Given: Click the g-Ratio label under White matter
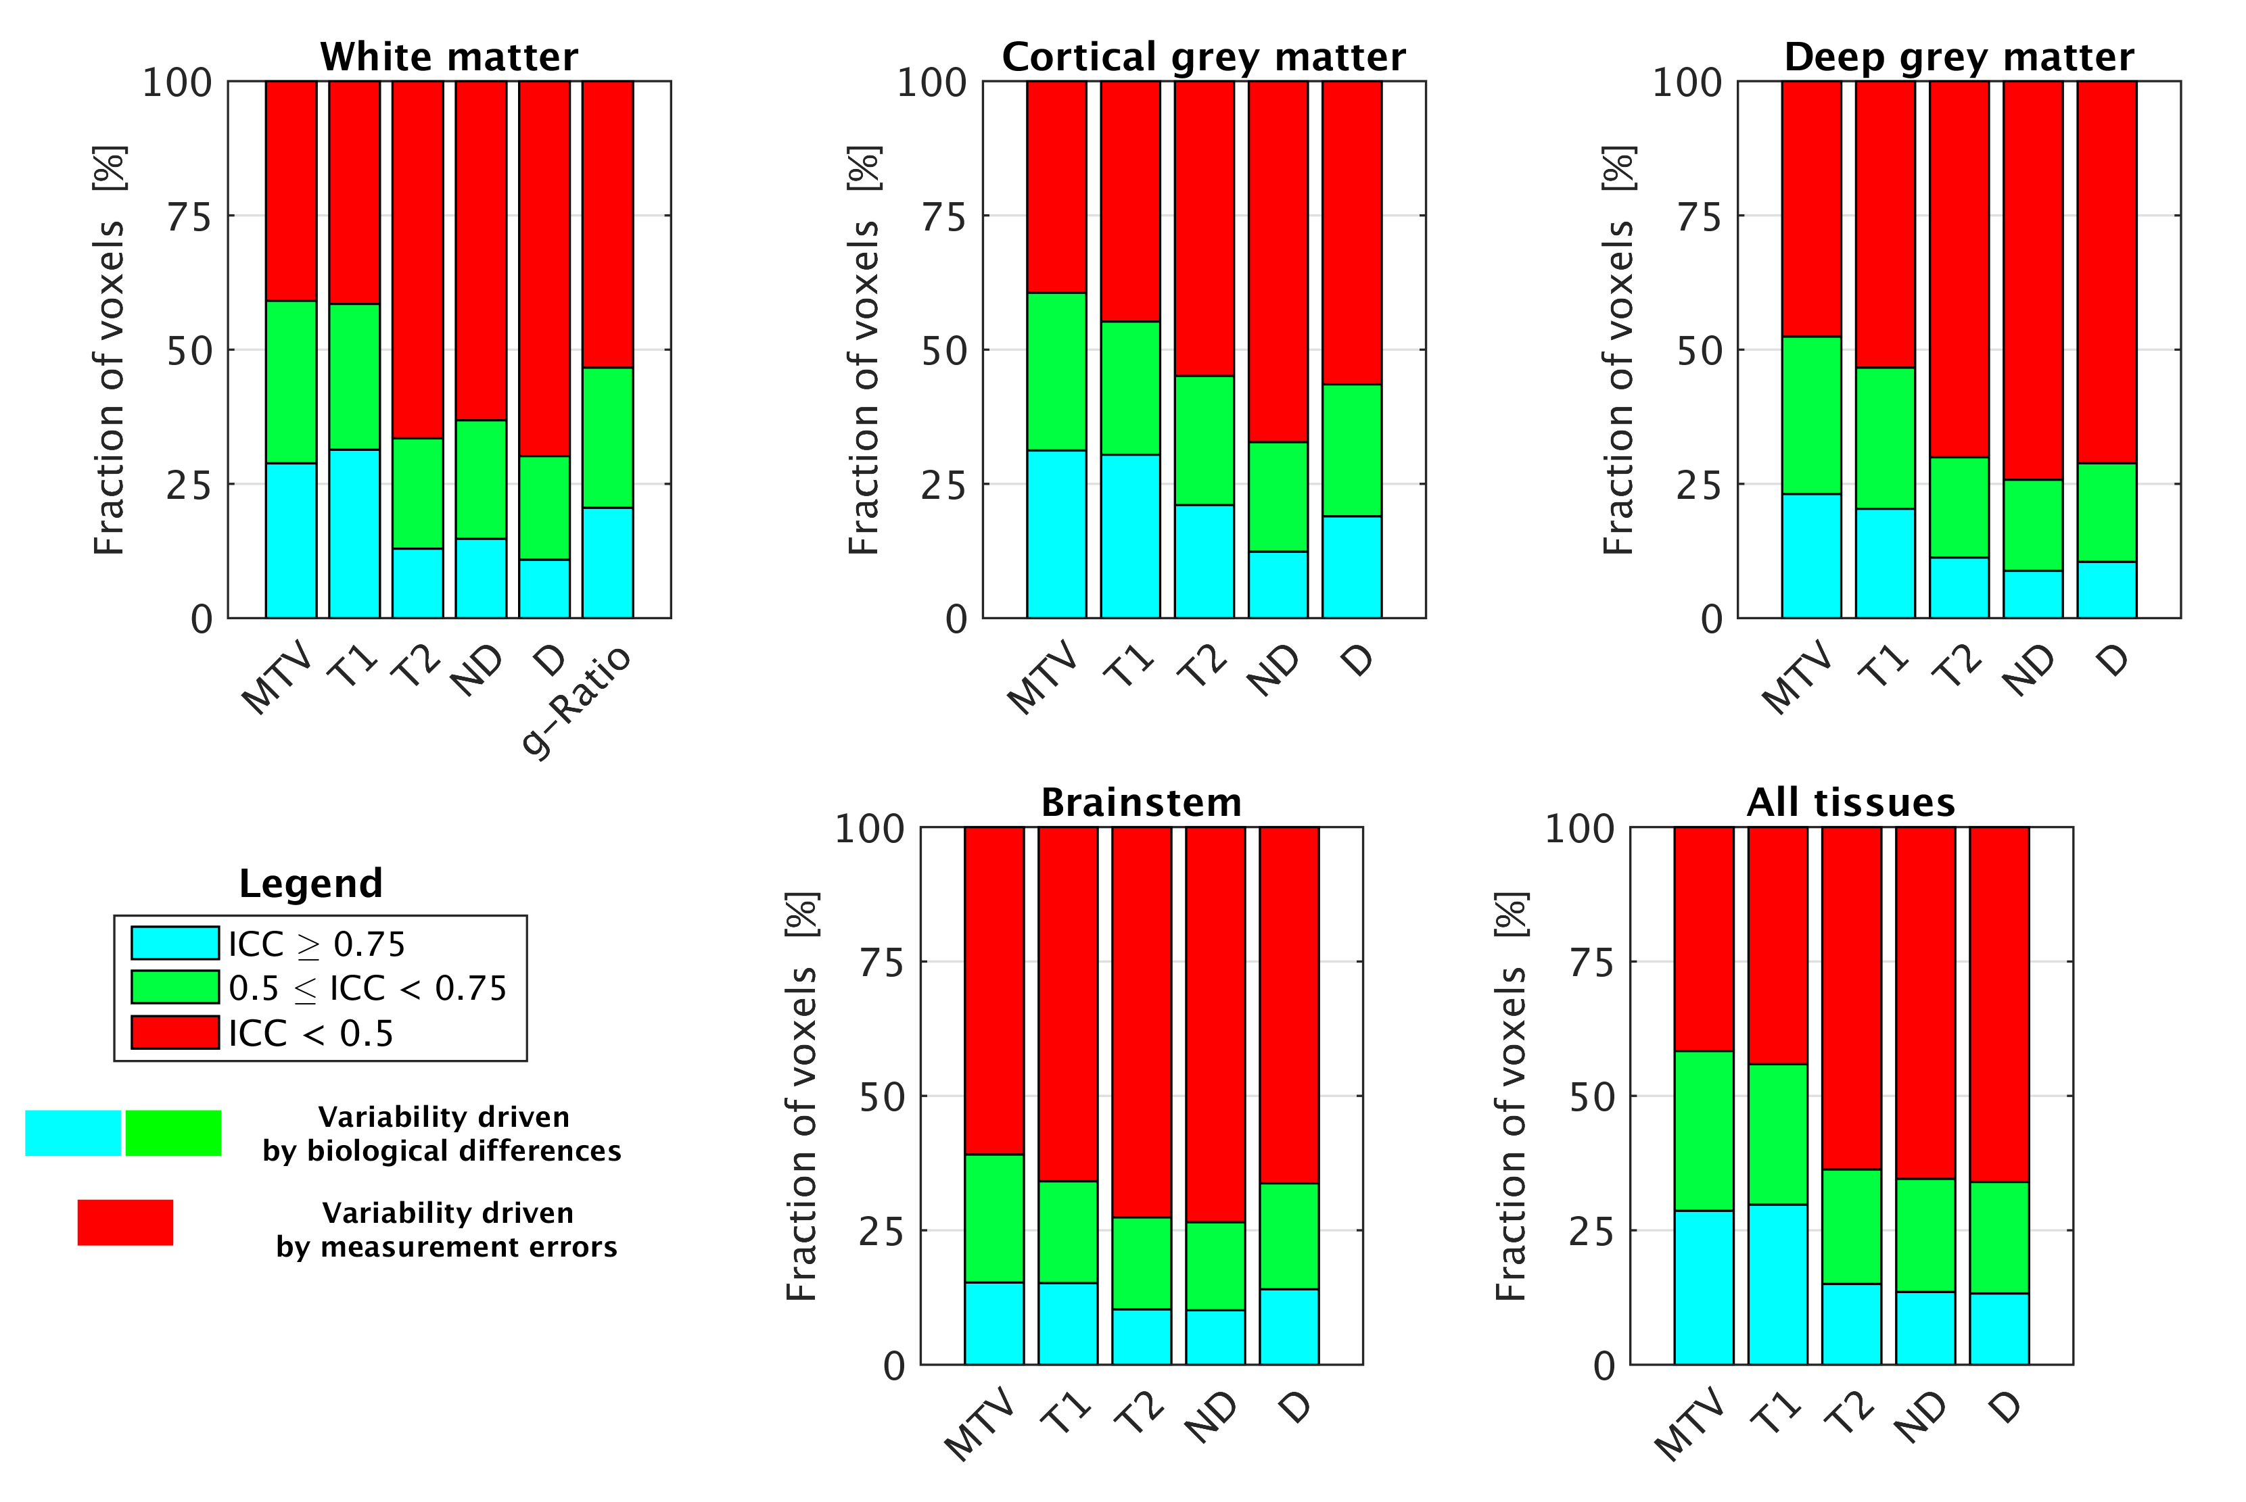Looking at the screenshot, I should coord(577,700).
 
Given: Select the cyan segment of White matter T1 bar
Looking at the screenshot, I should coord(354,533).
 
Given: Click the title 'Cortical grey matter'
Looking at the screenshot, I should coord(1204,57).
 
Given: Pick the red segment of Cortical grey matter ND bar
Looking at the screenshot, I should coord(1278,260).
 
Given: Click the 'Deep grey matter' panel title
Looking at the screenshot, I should coord(1959,57).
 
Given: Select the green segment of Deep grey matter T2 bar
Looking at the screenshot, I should coord(1959,507).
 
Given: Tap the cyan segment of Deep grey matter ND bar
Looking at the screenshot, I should coord(2032,594).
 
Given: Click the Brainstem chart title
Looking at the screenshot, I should coord(1141,803).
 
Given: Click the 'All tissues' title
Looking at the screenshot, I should coord(1850,803).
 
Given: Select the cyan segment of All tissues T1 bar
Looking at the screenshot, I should coord(1777,1284).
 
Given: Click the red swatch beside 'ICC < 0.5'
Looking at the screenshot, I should coord(175,1033).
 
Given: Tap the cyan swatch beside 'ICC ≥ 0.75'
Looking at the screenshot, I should coord(175,942).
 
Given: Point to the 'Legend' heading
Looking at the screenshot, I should coord(310,883).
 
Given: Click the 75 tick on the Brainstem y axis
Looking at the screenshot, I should coord(881,963).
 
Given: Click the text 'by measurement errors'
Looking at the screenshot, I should coord(446,1247).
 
